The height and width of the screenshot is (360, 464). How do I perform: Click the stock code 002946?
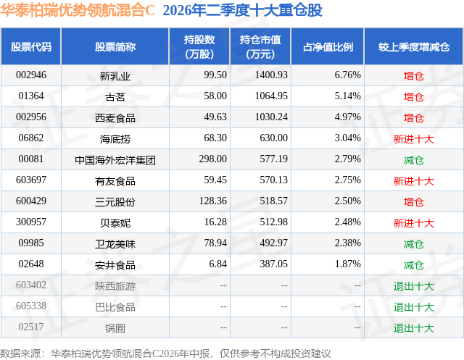pyautogui.click(x=31, y=75)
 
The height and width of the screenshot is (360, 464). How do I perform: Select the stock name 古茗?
pyautogui.click(x=115, y=97)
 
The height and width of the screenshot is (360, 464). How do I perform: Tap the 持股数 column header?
pyautogui.click(x=199, y=46)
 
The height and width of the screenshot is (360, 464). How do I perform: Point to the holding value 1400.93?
pyautogui.click(x=271, y=75)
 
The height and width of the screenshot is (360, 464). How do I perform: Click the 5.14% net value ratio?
pyautogui.click(x=348, y=96)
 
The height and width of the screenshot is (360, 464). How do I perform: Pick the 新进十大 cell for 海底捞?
pyautogui.click(x=414, y=139)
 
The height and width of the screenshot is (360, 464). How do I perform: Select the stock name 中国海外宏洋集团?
pyautogui.click(x=115, y=160)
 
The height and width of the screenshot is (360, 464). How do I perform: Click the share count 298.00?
pyautogui.click(x=212, y=159)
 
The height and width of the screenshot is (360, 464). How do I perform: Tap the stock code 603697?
pyautogui.click(x=31, y=180)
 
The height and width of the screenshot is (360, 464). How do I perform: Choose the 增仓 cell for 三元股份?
pyautogui.click(x=414, y=202)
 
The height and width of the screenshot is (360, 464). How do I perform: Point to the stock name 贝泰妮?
pyautogui.click(x=115, y=223)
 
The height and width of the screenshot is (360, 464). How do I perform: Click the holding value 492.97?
pyautogui.click(x=274, y=243)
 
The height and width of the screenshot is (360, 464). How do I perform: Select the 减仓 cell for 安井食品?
pyautogui.click(x=414, y=265)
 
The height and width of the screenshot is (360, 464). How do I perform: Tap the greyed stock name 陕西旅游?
pyautogui.click(x=115, y=286)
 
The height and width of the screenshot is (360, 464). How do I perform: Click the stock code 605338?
pyautogui.click(x=31, y=306)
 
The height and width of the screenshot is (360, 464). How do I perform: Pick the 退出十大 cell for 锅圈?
pyautogui.click(x=414, y=328)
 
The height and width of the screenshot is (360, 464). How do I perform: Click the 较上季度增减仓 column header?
pyautogui.click(x=414, y=46)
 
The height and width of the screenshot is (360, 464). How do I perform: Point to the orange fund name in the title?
pyautogui.click(x=78, y=10)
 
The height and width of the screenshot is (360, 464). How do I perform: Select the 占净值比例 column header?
pyautogui.click(x=328, y=46)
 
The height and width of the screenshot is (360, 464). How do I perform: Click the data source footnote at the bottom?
pyautogui.click(x=165, y=353)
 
